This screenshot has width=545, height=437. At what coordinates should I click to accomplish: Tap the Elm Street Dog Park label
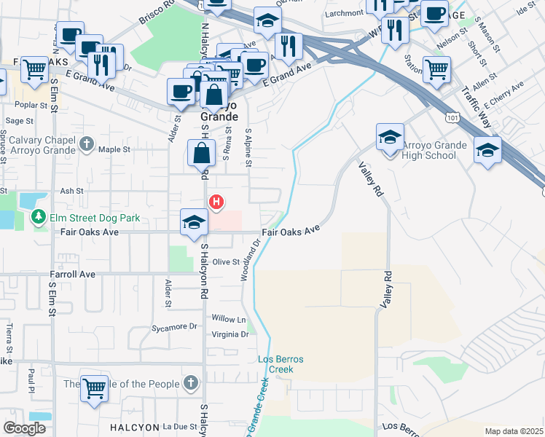(x=84, y=217)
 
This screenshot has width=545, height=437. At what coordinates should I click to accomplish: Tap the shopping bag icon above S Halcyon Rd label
(x=201, y=154)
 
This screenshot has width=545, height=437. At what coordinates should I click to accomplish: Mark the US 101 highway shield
(x=454, y=117)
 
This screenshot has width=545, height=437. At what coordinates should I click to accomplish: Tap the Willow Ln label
(x=228, y=320)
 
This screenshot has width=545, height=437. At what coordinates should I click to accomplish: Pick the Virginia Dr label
(x=230, y=335)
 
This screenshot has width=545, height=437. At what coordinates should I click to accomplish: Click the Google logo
(x=24, y=428)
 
